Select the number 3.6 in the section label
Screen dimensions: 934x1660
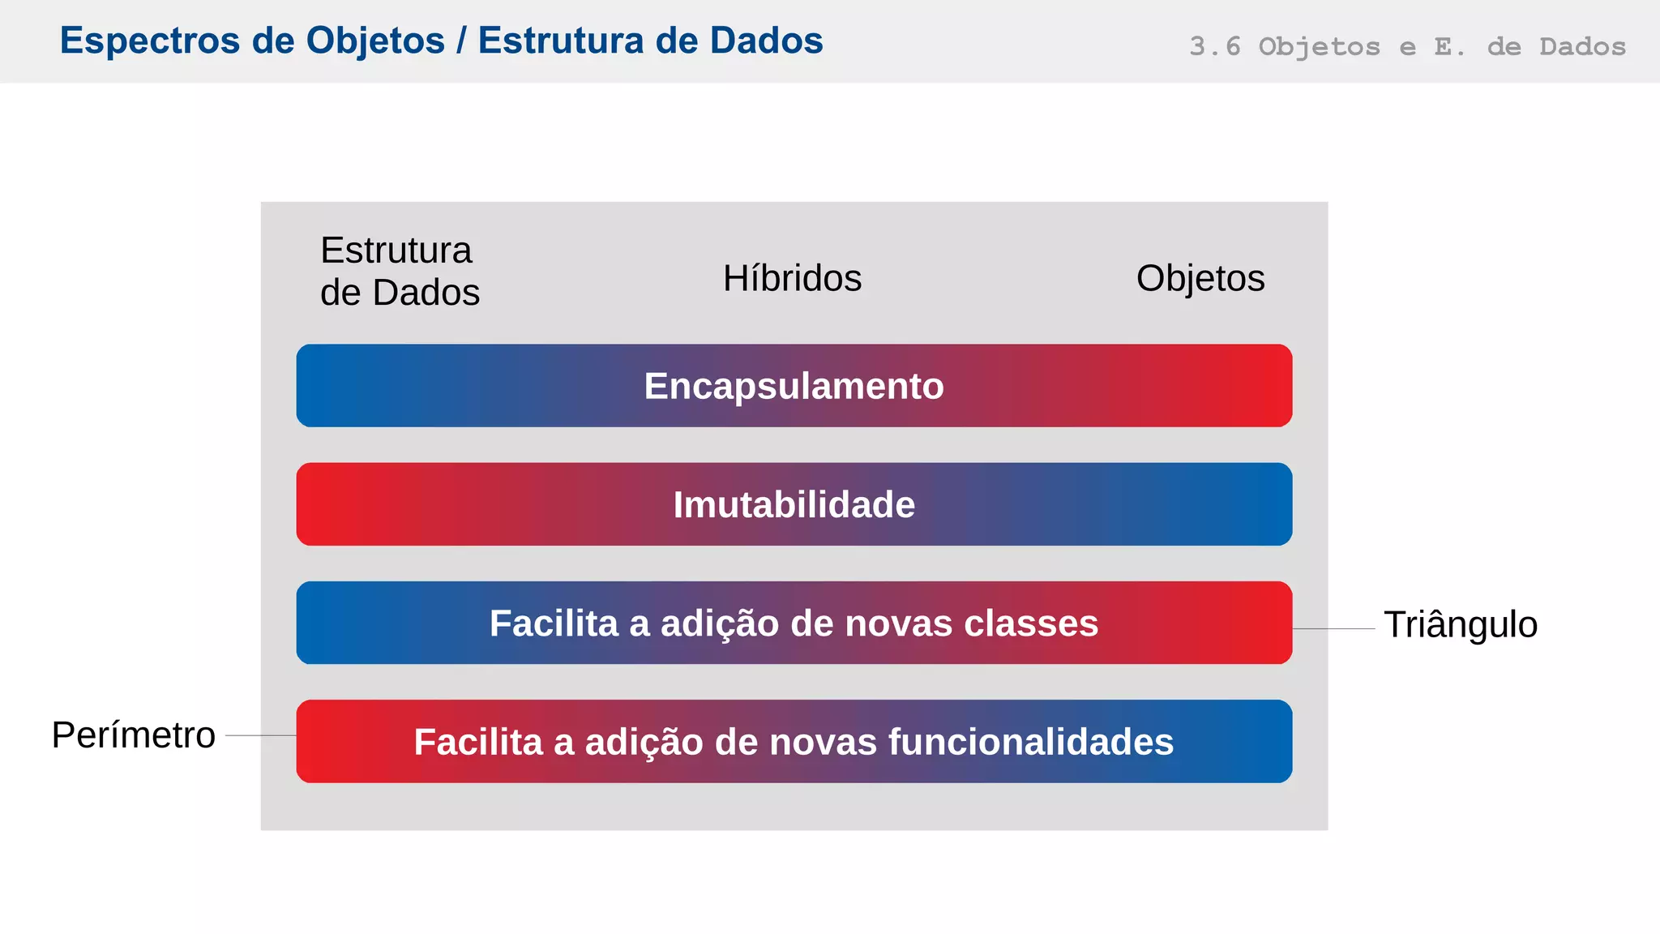pos(1214,46)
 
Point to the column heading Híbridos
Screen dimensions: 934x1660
pos(792,278)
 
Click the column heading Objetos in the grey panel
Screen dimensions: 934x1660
pos(1200,278)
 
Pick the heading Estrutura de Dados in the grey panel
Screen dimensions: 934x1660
pos(400,271)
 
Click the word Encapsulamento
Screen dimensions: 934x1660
pos(794,386)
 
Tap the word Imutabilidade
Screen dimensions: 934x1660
pos(794,504)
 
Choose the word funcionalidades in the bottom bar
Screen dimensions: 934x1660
pos(1030,742)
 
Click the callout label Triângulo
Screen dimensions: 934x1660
pos(1460,624)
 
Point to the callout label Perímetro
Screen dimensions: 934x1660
pos(134,735)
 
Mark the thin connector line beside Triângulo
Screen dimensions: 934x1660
pos(1333,628)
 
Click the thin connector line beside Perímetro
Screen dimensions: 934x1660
pos(260,735)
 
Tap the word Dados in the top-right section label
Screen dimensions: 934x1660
pos(1582,46)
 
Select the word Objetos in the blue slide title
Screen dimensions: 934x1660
pos(375,41)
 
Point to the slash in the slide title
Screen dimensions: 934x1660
pos(461,41)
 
